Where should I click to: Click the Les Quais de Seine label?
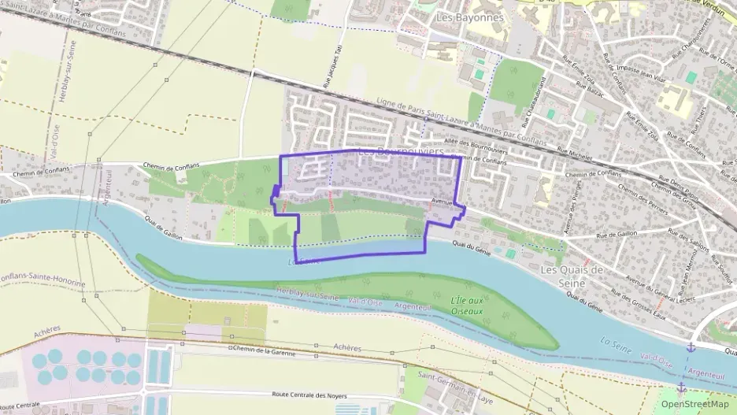click(x=573, y=276)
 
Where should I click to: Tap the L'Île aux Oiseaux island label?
click(x=467, y=306)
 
